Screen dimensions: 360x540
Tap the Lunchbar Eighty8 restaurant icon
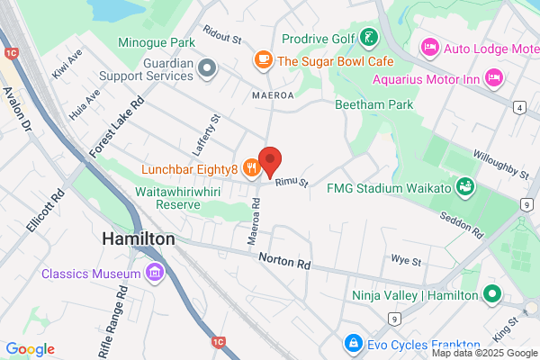250,168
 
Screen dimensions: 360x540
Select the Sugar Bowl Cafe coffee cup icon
263,60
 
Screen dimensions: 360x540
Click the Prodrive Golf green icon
369,38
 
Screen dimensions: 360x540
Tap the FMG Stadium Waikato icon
465,187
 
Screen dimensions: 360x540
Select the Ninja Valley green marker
491,294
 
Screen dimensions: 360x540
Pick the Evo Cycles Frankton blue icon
353,344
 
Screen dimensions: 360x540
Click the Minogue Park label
156,41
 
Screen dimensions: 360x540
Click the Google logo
30,349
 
